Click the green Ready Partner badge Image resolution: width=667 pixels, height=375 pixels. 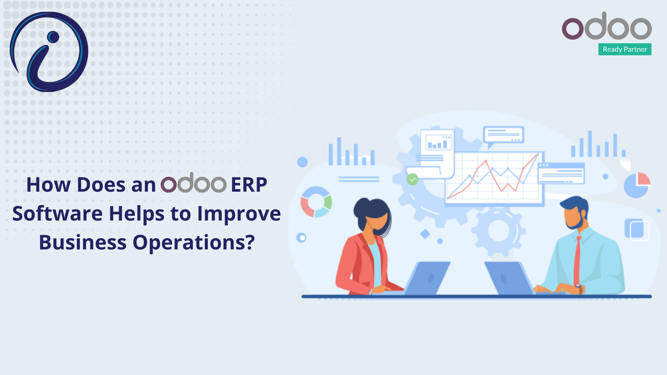click(x=625, y=49)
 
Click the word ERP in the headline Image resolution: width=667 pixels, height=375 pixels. click(x=249, y=185)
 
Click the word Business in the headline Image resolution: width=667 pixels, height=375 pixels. click(x=83, y=242)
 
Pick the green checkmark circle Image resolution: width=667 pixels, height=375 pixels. click(x=412, y=179)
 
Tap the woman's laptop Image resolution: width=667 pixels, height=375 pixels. click(x=427, y=278)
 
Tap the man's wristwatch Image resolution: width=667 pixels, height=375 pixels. click(x=579, y=288)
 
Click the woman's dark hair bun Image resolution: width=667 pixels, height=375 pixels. click(x=361, y=207)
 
